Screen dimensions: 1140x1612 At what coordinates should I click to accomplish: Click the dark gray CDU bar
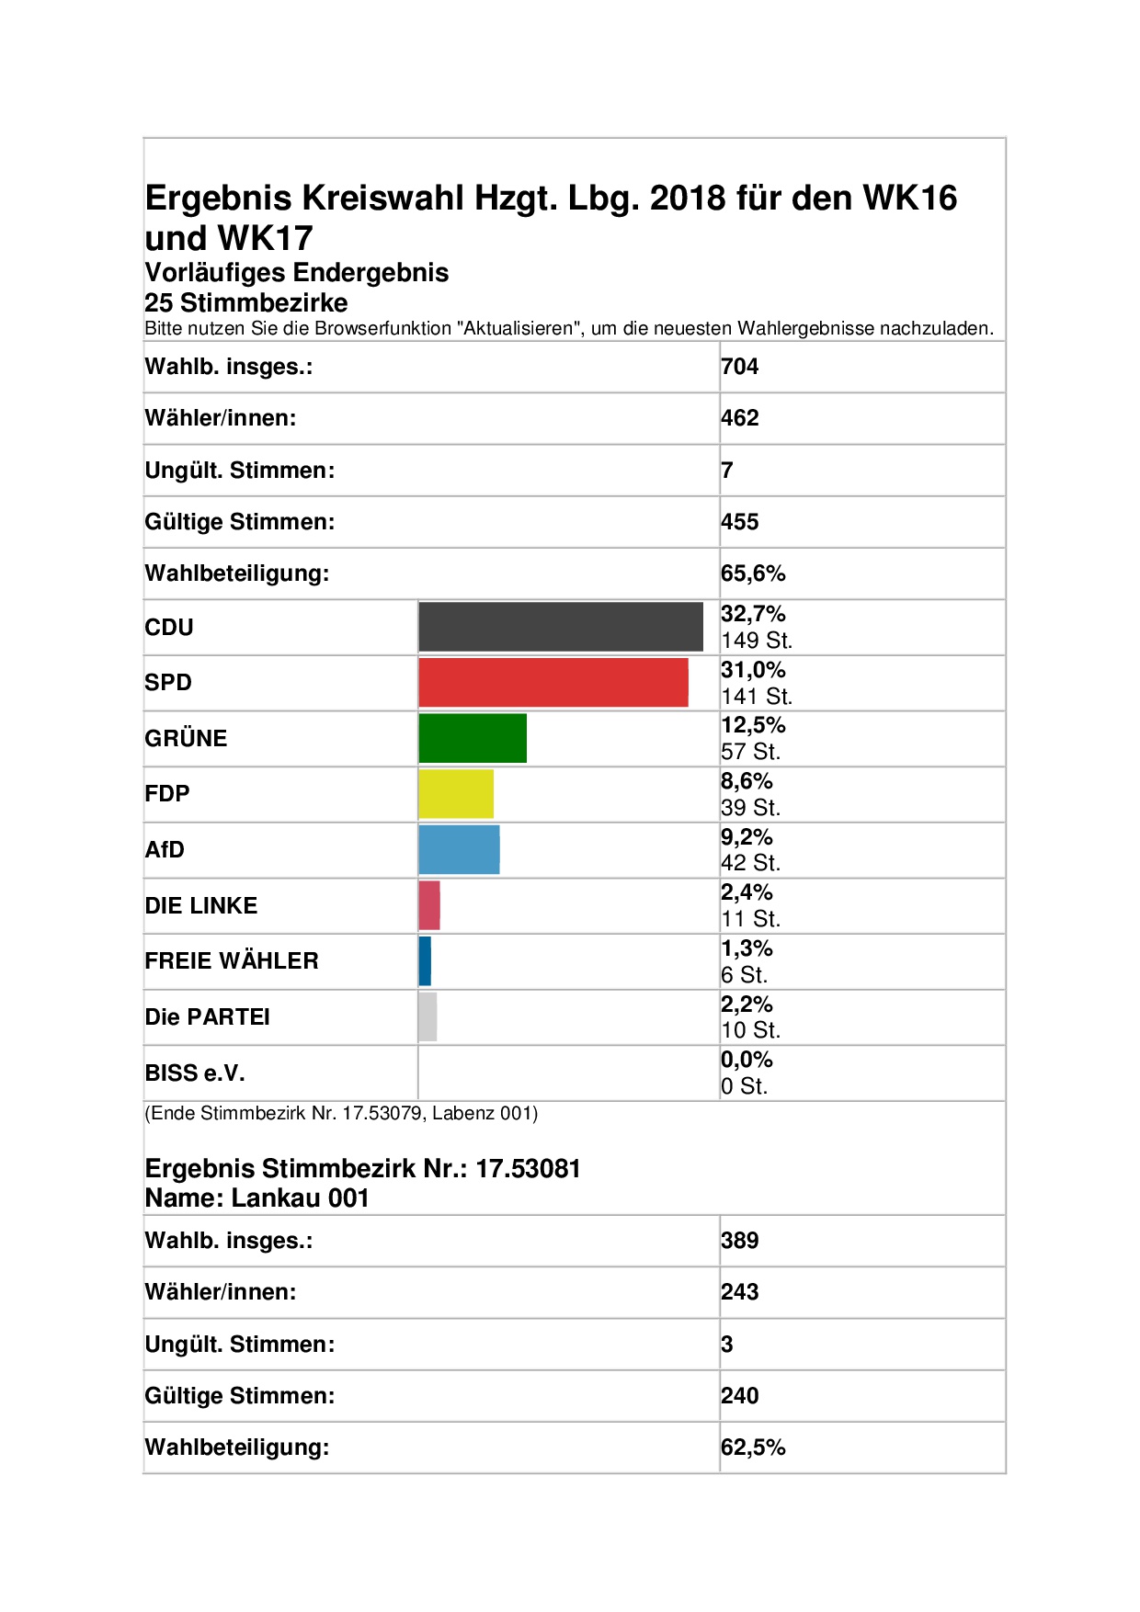point(561,627)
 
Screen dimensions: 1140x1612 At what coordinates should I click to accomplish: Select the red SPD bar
point(553,683)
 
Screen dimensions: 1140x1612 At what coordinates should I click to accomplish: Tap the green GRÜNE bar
point(473,738)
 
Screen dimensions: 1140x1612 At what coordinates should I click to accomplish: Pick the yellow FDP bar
point(456,794)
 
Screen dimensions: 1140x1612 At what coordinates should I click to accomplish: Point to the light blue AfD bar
point(460,850)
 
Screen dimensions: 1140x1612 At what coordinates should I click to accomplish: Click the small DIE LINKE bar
point(429,905)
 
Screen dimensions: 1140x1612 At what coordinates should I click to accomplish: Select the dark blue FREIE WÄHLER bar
point(425,961)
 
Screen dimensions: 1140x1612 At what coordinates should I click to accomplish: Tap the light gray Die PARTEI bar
point(427,1017)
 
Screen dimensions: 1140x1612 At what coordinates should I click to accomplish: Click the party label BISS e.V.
point(195,1073)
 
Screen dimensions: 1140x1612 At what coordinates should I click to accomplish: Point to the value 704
point(740,367)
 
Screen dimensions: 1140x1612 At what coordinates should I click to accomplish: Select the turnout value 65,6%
point(754,573)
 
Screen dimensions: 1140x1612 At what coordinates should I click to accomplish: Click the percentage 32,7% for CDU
point(754,614)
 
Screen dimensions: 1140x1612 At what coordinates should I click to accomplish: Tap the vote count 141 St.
point(757,697)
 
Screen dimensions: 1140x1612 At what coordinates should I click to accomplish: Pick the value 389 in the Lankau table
point(740,1241)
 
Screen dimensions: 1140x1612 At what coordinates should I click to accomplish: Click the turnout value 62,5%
point(754,1447)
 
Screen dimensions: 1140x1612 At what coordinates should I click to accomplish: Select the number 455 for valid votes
point(740,522)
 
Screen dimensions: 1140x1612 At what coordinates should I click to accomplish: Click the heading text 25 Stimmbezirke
point(246,302)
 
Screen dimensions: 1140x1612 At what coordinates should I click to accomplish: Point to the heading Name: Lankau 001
point(257,1198)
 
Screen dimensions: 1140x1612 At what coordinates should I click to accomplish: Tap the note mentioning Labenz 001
point(341,1114)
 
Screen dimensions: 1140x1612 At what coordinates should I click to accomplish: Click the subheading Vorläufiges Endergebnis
point(297,273)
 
